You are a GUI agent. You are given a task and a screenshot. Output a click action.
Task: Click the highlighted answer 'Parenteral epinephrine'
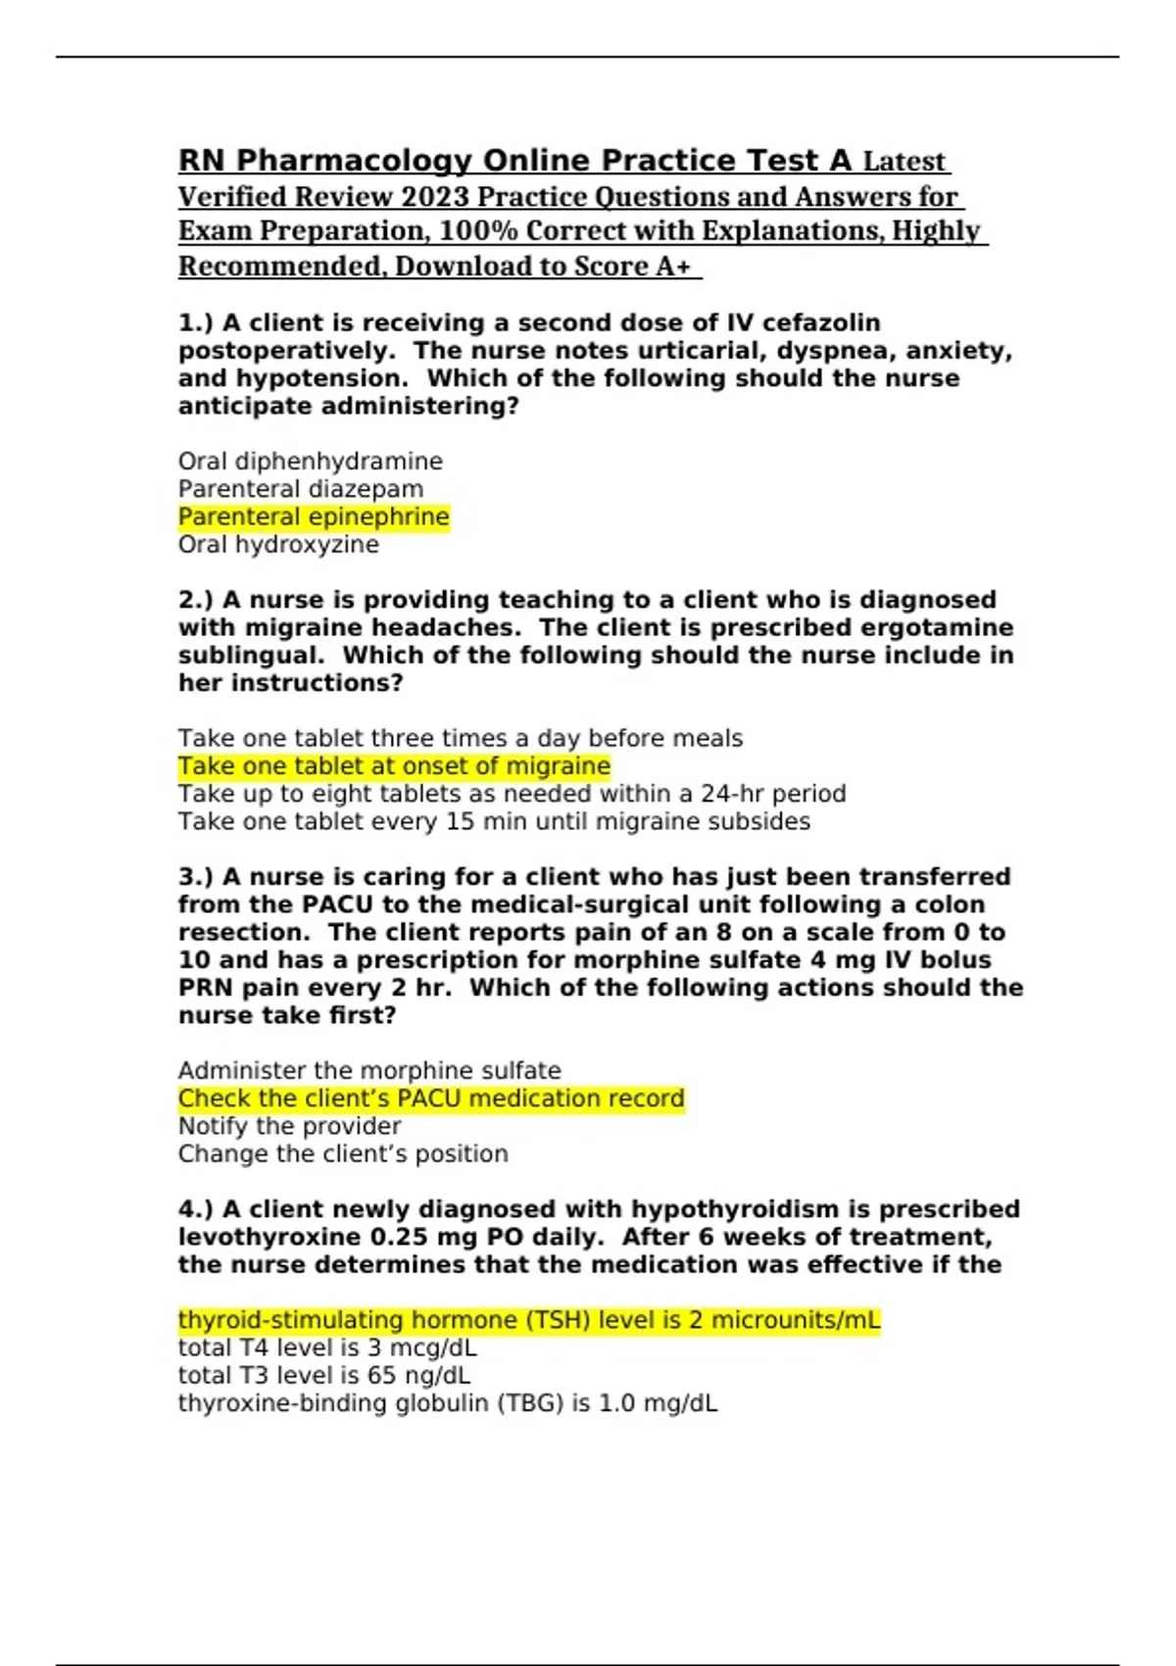314,516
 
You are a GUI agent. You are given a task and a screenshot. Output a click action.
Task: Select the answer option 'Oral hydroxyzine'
278,545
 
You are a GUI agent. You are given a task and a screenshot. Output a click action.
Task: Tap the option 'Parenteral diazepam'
301,489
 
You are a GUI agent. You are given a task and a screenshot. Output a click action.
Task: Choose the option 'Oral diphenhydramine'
310,462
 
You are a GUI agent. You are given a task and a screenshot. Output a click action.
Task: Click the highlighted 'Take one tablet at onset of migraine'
394,766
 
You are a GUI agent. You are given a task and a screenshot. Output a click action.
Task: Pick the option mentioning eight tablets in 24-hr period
512,794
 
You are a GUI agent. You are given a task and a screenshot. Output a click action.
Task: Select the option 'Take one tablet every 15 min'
494,821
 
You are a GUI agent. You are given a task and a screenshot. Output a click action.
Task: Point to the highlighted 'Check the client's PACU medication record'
431,1099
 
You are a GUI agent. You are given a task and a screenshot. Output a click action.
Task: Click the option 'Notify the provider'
289,1126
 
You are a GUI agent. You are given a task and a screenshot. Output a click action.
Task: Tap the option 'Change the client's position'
343,1153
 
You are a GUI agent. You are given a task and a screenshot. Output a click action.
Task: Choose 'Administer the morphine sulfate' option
369,1071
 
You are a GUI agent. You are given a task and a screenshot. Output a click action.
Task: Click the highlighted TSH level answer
529,1320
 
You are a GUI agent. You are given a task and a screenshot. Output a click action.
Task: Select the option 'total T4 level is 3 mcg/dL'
327,1347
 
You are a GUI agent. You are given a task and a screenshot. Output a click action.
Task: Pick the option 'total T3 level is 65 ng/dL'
324,1375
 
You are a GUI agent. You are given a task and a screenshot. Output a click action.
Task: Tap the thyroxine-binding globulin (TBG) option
448,1403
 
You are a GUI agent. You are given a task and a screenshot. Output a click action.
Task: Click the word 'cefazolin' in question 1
821,322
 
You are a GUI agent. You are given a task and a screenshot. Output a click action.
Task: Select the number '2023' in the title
435,197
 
